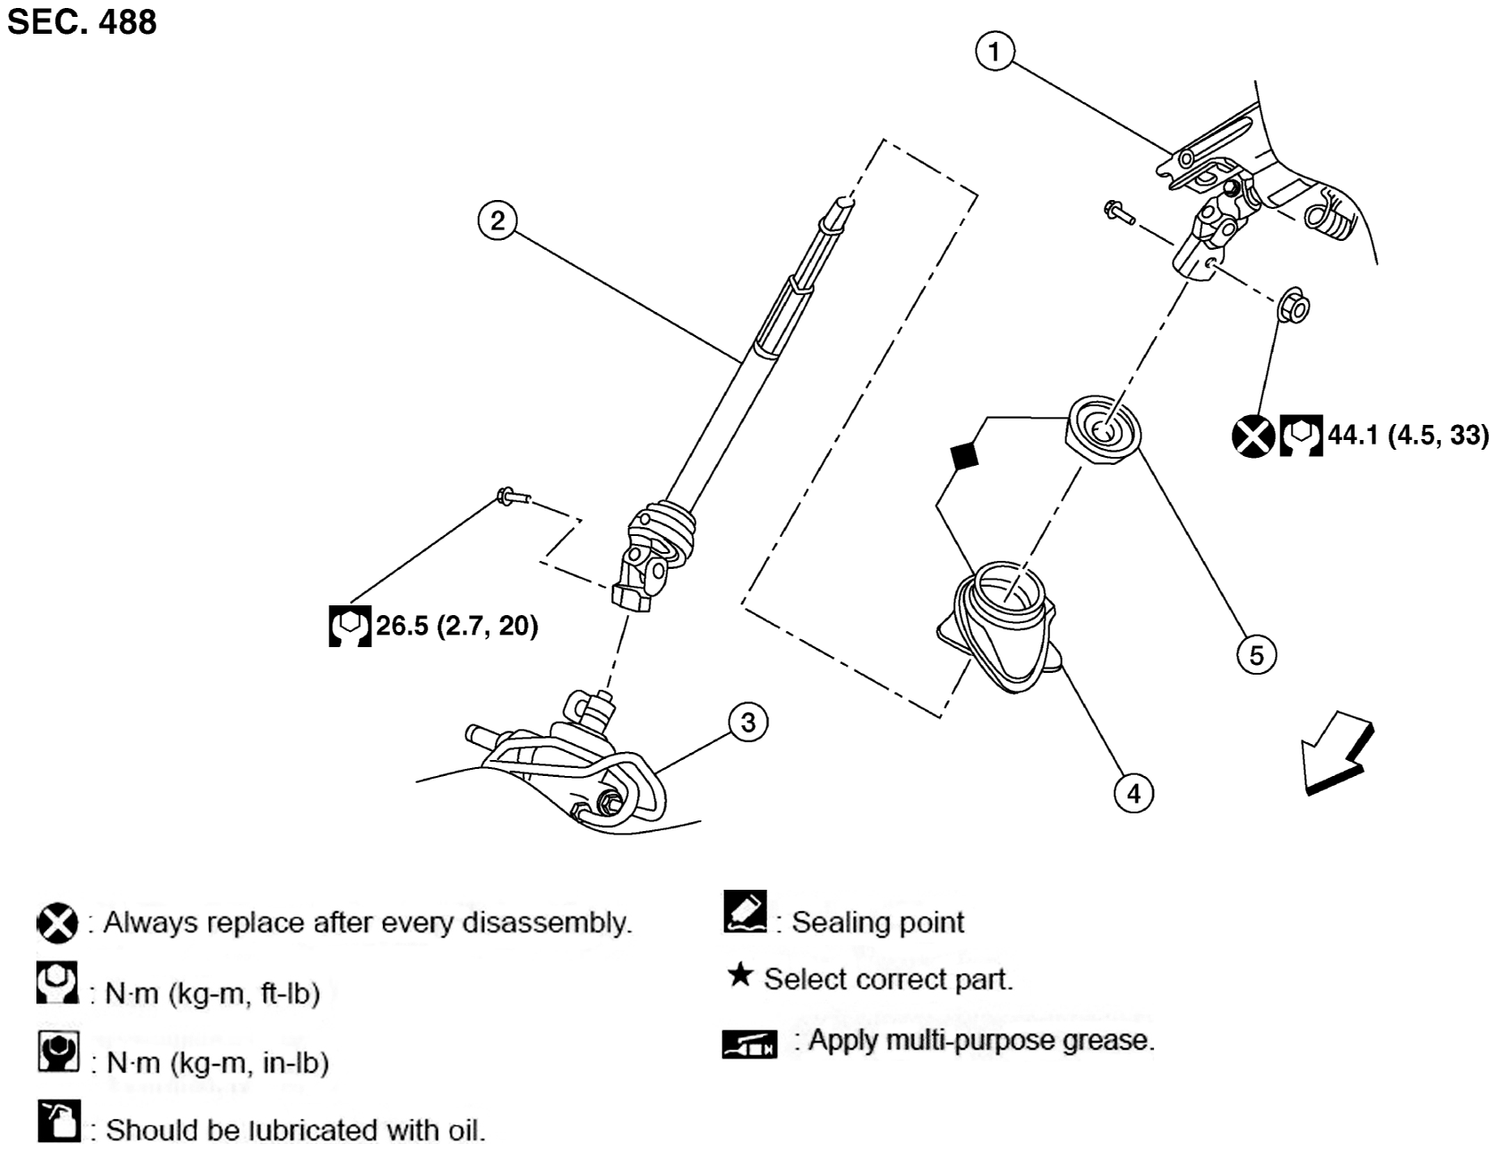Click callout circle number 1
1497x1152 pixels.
[x=994, y=52]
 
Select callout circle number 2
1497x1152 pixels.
[x=498, y=220]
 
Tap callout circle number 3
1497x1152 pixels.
[x=748, y=722]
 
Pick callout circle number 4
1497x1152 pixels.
[x=1134, y=792]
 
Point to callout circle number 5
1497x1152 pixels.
[x=1256, y=655]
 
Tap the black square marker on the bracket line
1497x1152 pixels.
[x=964, y=456]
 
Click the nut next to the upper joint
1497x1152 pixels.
[x=1294, y=308]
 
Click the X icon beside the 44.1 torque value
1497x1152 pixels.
[x=1253, y=436]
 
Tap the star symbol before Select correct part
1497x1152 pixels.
[x=739, y=976]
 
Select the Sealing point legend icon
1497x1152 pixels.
[x=745, y=912]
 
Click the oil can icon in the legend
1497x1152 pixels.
[x=59, y=1122]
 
